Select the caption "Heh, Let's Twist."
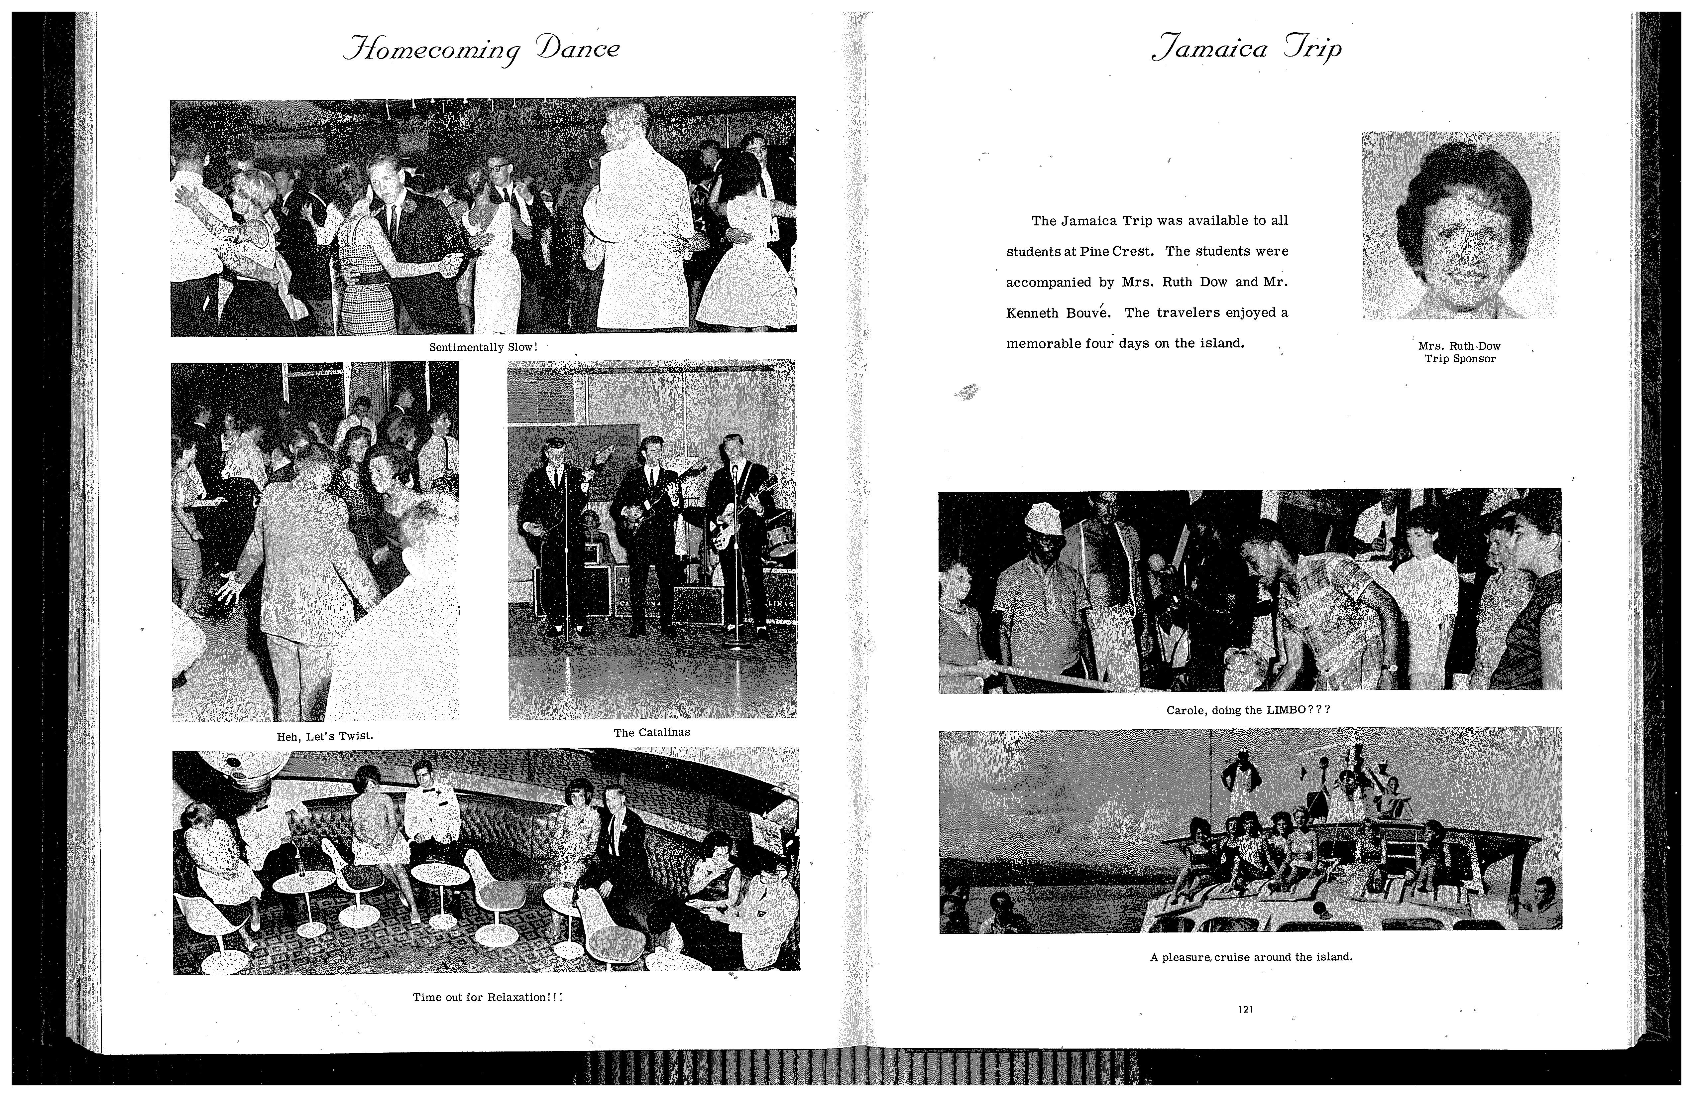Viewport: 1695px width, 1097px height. pyautogui.click(x=325, y=736)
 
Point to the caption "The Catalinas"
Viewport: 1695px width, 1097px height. pyautogui.click(x=652, y=732)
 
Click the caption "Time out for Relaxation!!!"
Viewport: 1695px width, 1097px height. pyautogui.click(x=488, y=997)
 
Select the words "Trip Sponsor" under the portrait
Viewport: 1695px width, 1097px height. pyautogui.click(x=1460, y=359)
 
